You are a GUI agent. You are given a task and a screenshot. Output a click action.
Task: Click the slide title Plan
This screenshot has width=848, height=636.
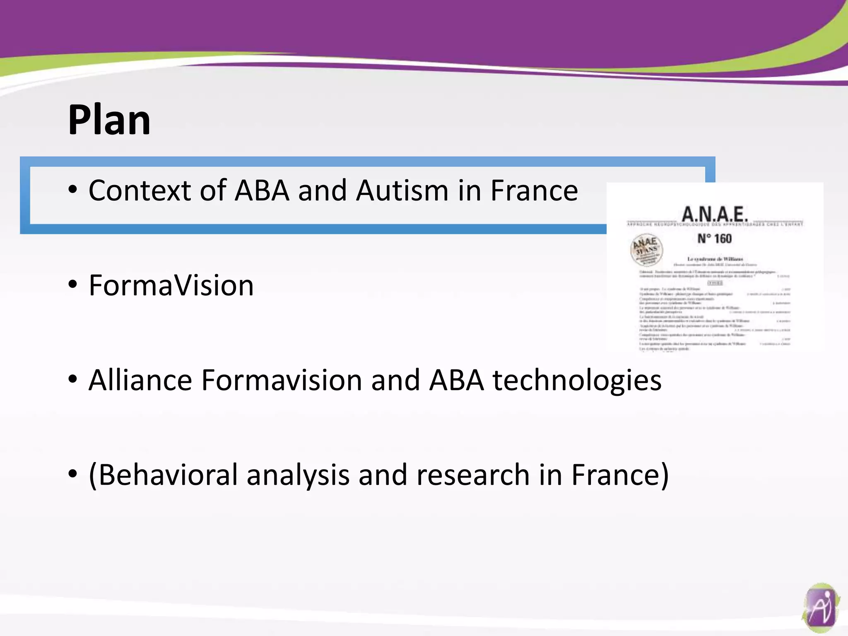click(x=109, y=120)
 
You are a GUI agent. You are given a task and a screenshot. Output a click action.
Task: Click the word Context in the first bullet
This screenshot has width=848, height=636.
click(x=140, y=191)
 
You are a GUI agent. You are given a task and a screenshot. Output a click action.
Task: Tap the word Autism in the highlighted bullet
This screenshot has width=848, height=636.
click(x=402, y=191)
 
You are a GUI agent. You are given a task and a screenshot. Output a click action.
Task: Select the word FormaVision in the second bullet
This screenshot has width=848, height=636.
click(x=171, y=286)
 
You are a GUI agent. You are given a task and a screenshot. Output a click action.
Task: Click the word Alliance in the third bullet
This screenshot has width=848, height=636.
click(x=140, y=380)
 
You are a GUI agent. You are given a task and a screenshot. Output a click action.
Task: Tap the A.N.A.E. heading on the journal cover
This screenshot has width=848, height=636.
click(x=715, y=214)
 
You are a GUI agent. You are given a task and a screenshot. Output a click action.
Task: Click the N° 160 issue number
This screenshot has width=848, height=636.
click(x=715, y=238)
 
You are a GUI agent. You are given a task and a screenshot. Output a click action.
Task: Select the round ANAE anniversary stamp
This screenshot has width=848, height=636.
click(x=646, y=249)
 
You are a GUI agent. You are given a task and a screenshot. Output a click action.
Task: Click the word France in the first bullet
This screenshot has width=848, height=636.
click(x=534, y=191)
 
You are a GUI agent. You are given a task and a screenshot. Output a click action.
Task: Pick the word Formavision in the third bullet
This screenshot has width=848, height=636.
click(x=282, y=380)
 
